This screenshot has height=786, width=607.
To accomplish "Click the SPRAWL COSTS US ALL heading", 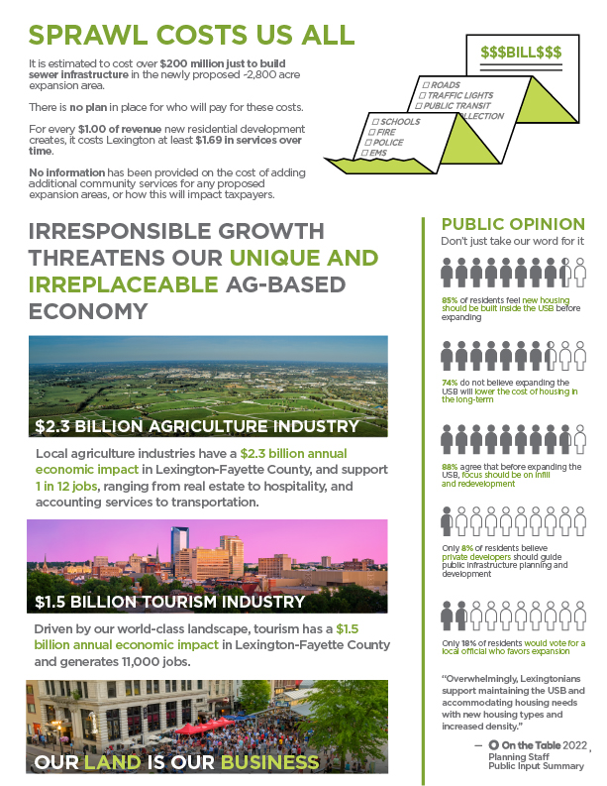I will (190, 35).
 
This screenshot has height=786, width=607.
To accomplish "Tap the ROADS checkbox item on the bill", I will (442, 86).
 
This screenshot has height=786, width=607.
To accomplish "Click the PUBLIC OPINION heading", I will (512, 224).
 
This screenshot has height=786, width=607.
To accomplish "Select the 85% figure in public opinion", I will (449, 299).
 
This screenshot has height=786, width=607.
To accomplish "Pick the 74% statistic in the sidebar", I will (449, 382).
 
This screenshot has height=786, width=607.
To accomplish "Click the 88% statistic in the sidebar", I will (449, 465).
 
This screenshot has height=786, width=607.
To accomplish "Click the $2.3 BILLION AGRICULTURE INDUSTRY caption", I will (196, 427).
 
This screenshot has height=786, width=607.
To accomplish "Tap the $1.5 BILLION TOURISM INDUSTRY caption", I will (169, 602).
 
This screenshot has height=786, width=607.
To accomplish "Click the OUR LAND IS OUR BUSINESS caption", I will (177, 762).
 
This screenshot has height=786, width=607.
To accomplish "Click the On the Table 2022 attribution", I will (540, 745).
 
